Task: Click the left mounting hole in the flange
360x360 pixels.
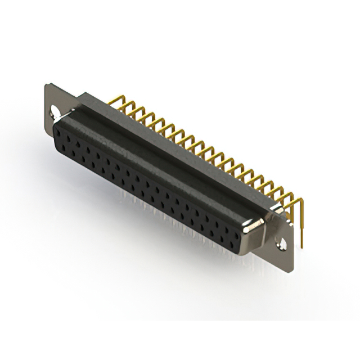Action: pos(55,111)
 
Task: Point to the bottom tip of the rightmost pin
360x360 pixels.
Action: pos(303,245)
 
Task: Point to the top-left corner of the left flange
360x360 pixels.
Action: pos(46,85)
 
